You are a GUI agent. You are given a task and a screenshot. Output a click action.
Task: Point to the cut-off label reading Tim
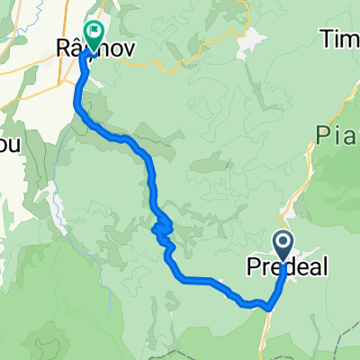pyautogui.click(x=339, y=39)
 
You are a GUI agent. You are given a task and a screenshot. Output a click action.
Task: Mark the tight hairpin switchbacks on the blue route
pyautogui.click(x=163, y=231)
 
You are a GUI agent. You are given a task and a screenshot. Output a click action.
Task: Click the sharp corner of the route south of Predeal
pyautogui.click(x=269, y=308)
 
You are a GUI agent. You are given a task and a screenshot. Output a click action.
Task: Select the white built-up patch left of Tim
pyautogui.click(x=253, y=40)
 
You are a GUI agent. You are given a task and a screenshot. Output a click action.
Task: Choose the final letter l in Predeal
pyautogui.click(x=325, y=267)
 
